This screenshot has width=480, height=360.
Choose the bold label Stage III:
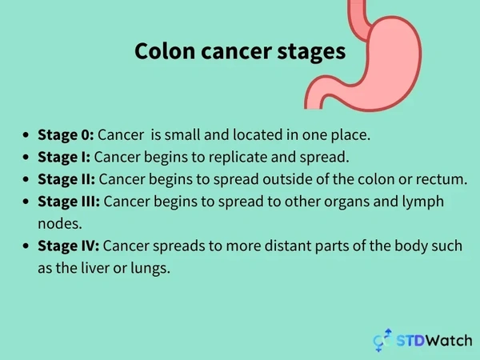point(69,201)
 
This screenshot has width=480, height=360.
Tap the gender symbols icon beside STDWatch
point(382,339)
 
